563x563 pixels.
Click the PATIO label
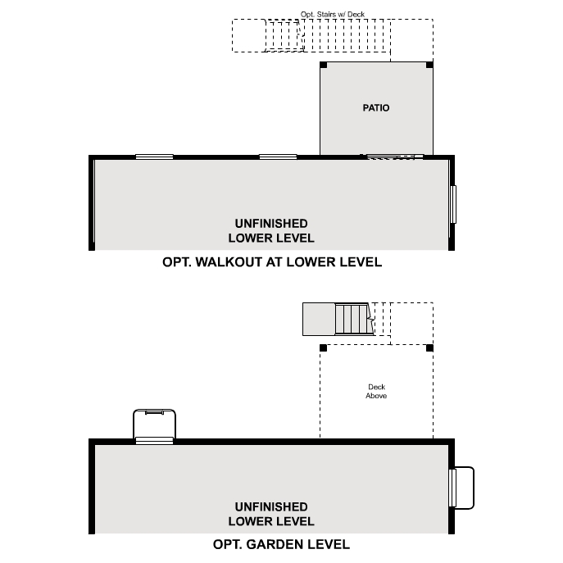(376, 108)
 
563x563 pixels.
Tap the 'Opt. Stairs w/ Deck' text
(332, 15)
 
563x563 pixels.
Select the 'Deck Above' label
(376, 392)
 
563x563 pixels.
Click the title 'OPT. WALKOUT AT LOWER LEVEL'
(271, 262)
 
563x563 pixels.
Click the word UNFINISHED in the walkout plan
(271, 224)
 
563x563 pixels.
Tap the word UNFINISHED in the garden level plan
(271, 506)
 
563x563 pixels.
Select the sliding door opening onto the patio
(394, 156)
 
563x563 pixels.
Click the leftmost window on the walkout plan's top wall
(154, 157)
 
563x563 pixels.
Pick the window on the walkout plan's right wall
(452, 203)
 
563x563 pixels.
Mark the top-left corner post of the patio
(324, 65)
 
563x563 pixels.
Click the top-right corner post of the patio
(429, 65)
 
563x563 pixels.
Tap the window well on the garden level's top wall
(154, 426)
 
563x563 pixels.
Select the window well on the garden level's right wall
(462, 488)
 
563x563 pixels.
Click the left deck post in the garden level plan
(324, 347)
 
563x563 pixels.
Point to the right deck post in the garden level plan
(429, 347)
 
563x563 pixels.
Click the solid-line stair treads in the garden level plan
(352, 319)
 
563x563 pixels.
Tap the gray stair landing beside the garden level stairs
(318, 319)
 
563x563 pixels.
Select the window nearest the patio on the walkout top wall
(278, 157)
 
